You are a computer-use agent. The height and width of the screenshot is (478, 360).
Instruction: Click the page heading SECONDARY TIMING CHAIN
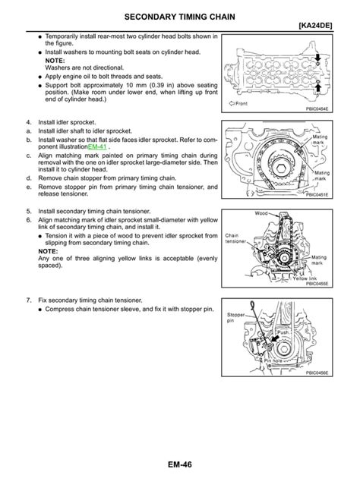(x=179, y=16)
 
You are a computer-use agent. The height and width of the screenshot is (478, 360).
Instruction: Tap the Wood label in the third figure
(x=262, y=214)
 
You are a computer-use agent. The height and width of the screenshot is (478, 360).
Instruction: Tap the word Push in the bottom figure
(x=283, y=332)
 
